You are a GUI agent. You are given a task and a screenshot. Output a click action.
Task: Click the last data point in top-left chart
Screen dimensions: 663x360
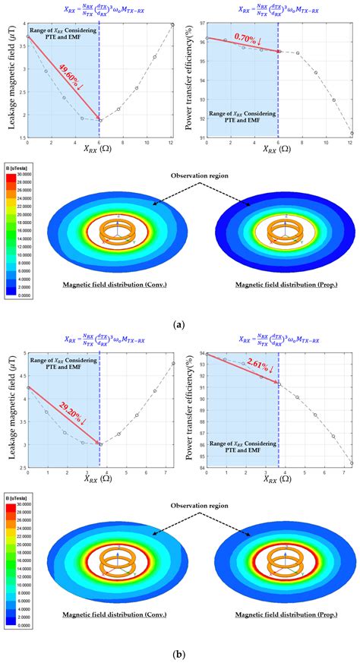172,25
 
